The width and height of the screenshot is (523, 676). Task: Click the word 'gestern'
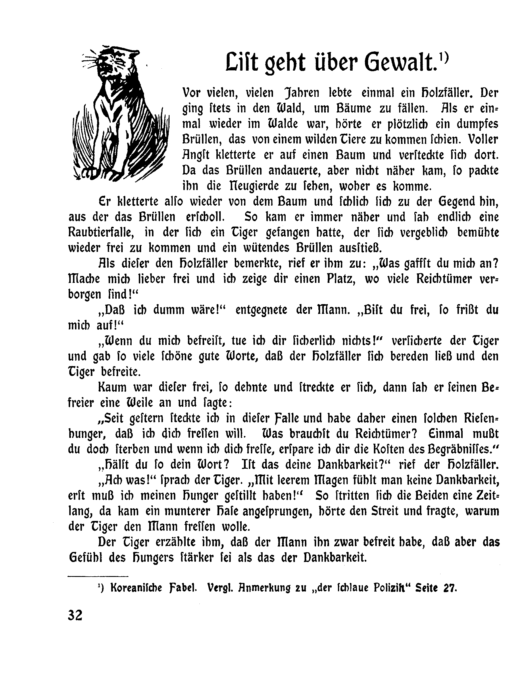pyautogui.click(x=132, y=418)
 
